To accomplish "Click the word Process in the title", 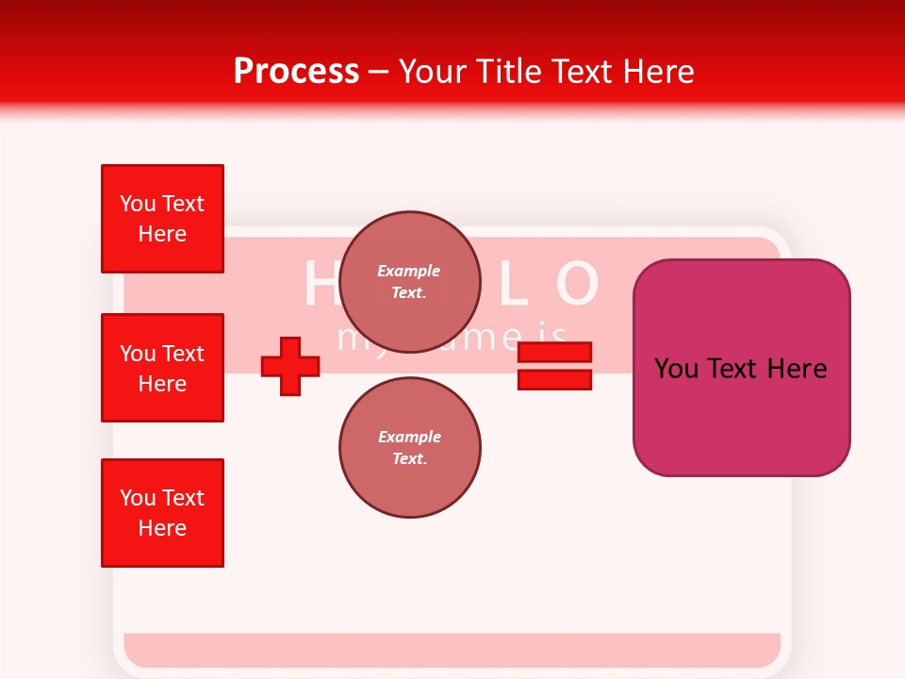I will tap(296, 72).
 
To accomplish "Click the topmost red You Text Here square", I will tap(162, 219).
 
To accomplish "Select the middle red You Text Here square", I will tap(162, 368).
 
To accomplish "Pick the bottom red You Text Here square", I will tap(162, 513).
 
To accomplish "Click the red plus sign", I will tap(290, 366).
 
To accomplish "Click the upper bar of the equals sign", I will tap(554, 353).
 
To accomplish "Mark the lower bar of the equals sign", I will tap(554, 379).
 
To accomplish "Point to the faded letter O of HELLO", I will tap(577, 284).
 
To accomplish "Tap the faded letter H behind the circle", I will tap(321, 284).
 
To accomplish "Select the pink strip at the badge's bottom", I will tap(452, 649).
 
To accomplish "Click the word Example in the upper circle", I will tap(409, 271).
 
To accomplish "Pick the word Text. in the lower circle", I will tap(409, 458).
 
